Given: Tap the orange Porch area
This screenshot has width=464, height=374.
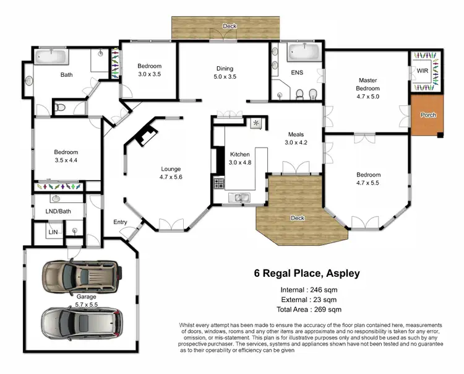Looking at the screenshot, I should [x=427, y=115].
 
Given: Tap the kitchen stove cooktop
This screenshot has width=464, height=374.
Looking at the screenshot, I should [x=219, y=183].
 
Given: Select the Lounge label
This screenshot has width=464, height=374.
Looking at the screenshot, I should [x=171, y=168].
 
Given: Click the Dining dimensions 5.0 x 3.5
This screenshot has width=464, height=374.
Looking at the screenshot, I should [x=225, y=77].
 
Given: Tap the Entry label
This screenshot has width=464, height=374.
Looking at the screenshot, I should [x=120, y=222].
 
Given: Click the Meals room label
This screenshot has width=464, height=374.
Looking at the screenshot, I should [x=295, y=134].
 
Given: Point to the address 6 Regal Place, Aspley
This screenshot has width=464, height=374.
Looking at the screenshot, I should [x=307, y=272].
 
